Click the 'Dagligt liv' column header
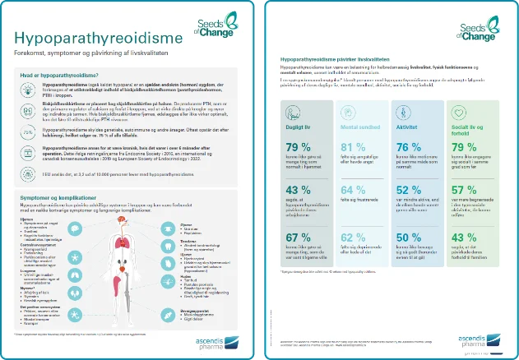[x=296, y=131]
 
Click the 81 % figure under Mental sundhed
[x=351, y=147]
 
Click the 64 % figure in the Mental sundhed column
[x=351, y=192]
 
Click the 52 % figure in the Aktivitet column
[x=410, y=192]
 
